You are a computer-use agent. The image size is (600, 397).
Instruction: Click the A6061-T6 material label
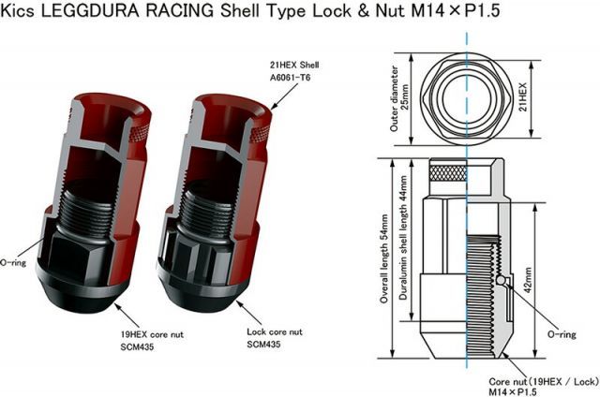coord(292,81)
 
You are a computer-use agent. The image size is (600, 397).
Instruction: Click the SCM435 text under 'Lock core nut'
coord(265,345)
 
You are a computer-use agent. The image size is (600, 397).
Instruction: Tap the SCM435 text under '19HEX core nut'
coord(112,346)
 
